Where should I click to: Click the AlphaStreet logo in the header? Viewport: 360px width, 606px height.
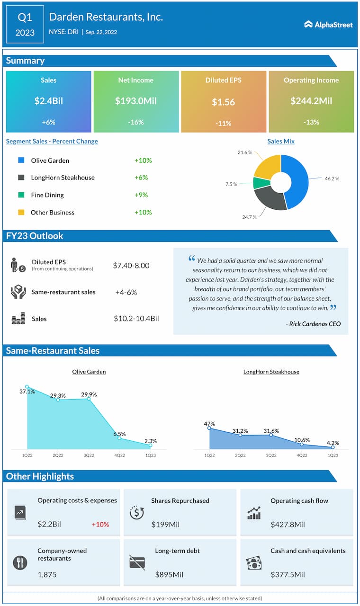[328, 24]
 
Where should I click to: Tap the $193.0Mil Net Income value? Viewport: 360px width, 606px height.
[136, 101]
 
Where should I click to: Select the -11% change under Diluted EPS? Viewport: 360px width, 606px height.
[224, 123]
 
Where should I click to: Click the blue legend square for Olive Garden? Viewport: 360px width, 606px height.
[21, 160]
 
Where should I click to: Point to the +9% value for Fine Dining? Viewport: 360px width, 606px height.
[141, 195]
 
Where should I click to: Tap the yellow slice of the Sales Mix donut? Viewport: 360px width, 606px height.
[267, 165]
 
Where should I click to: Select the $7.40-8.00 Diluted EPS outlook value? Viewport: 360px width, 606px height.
[131, 266]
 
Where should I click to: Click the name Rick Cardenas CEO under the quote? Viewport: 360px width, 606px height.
[314, 324]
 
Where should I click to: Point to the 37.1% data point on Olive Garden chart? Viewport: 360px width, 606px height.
[27, 387]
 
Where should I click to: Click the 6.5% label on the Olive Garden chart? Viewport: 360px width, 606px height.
[119, 433]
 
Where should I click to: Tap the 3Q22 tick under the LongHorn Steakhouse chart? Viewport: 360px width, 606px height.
[271, 455]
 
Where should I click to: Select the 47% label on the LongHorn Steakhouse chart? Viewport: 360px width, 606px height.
[209, 424]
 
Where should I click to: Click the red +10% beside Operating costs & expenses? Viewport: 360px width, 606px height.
[100, 525]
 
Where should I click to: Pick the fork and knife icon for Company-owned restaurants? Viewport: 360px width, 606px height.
[20, 562]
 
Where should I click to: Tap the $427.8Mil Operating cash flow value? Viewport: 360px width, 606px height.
[288, 525]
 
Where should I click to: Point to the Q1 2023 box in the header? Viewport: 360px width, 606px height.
[26, 25]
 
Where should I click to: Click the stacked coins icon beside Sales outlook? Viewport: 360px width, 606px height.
[18, 319]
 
